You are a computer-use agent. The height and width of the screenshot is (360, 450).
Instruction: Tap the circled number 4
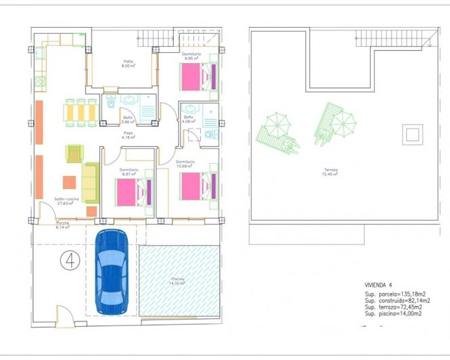(x=68, y=258)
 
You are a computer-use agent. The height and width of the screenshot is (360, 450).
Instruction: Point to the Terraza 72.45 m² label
(x=330, y=172)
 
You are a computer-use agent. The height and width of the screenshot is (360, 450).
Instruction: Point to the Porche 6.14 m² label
(x=63, y=225)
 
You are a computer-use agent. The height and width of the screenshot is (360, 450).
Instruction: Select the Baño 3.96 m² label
(x=128, y=120)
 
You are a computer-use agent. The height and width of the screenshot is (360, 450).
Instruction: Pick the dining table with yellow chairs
(x=80, y=112)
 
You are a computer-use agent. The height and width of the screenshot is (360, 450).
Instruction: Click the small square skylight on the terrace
(x=411, y=134)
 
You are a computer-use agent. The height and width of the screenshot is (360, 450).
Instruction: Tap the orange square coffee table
(x=70, y=182)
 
